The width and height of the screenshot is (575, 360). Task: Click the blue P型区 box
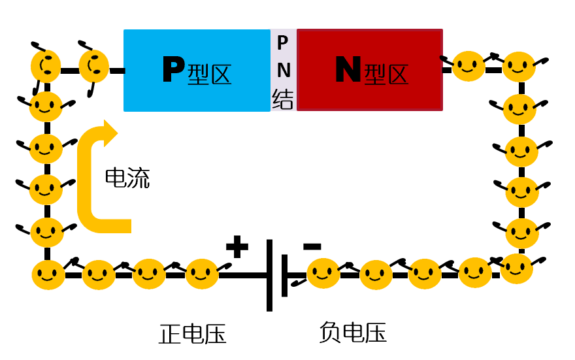point(196,70)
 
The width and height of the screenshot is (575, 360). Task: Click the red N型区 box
point(370,70)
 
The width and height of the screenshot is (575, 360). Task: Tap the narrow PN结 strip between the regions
point(283,71)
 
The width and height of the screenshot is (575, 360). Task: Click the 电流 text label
point(127,178)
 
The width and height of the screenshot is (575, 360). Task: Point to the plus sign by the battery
point(237,247)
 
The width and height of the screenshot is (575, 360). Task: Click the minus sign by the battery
point(312,246)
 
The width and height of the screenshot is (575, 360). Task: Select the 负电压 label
point(353,333)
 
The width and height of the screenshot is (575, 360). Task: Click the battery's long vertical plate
point(269,274)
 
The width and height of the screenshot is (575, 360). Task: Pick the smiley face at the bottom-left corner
point(48,275)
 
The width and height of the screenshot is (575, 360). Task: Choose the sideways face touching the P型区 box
point(94,66)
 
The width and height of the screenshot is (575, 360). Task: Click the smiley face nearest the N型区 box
point(468,66)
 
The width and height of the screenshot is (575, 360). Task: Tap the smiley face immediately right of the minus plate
point(323,274)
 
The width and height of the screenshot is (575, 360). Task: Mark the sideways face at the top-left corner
point(46,65)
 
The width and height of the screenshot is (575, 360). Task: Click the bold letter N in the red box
point(348,70)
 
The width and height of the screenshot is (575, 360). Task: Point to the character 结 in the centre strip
point(283,100)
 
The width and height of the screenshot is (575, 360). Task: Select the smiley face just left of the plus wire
point(202,274)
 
